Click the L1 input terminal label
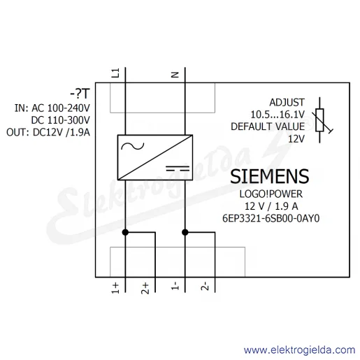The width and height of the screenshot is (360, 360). pos(115,73)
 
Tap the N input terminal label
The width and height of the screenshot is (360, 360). pos(175,75)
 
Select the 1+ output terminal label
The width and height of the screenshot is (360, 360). pos(115,289)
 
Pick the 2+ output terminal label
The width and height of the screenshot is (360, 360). pos(145,289)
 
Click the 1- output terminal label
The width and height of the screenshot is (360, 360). pos(175,286)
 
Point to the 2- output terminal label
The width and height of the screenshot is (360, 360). pos(205,286)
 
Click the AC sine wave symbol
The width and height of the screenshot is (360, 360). pos(133,146)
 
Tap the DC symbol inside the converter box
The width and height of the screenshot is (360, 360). pos(178,168)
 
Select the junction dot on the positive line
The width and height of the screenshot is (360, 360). pos(125,232)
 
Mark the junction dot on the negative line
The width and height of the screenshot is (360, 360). pos(185,232)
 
